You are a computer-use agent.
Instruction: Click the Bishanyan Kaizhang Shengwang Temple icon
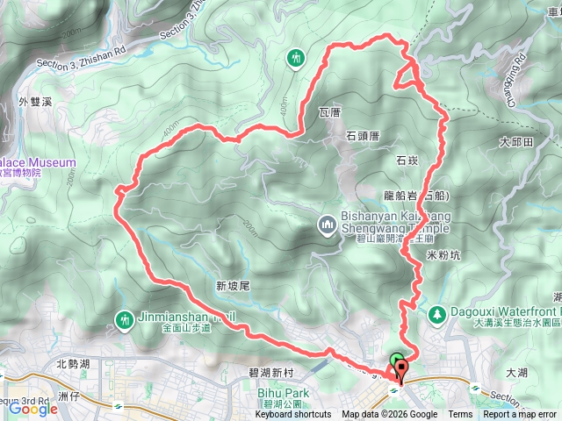point(327,226)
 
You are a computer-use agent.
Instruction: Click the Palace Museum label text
point(35,163)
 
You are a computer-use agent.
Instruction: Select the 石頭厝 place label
point(362,136)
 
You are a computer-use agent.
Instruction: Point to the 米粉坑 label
point(443,254)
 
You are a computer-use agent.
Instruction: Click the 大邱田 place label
point(516,141)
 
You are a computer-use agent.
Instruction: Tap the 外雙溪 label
point(35,102)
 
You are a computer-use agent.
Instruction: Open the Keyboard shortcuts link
point(293,415)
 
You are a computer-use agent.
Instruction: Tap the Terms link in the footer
point(460,415)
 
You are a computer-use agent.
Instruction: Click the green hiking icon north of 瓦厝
point(296,57)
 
